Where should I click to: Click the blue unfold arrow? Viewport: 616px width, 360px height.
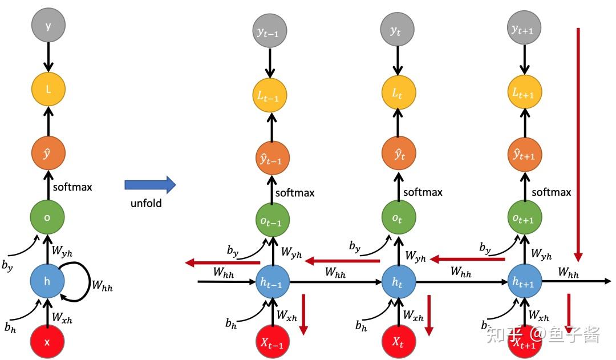pos(150,185)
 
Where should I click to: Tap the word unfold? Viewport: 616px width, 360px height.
pos(146,203)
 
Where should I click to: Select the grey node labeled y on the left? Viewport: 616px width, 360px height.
pos(48,25)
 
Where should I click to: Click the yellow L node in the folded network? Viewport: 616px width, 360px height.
pos(48,89)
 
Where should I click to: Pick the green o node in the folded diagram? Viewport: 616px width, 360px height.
pos(47,217)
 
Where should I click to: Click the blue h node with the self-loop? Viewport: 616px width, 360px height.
pos(47,281)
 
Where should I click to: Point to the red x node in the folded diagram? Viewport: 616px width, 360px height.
pos(47,342)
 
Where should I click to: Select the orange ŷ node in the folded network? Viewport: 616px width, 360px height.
pos(48,153)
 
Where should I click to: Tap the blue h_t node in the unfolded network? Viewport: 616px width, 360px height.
pos(398,282)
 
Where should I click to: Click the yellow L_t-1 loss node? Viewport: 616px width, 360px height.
pos(269,95)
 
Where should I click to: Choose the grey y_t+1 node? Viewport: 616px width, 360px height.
pos(524,28)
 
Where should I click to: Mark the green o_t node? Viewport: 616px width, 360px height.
pos(398,217)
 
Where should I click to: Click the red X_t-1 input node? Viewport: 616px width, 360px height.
pos(272,342)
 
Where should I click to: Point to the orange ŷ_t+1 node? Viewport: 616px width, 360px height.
pos(525,154)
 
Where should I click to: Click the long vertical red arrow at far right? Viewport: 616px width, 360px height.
pos(578,145)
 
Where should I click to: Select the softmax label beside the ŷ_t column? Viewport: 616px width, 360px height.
pos(423,192)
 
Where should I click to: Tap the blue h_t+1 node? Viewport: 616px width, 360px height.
pos(525,281)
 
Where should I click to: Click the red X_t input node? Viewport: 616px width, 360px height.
pos(398,342)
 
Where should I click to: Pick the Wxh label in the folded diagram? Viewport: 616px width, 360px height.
pos(62,317)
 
